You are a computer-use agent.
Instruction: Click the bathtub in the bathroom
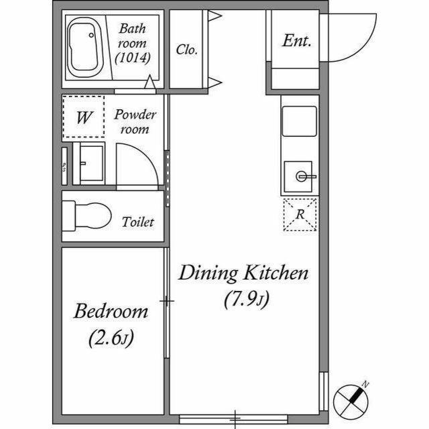coord(83,48)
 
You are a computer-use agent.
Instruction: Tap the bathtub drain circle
coord(91,35)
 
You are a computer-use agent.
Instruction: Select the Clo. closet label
coord(186,50)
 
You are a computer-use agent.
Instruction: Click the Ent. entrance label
coord(296,41)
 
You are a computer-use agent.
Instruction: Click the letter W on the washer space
coord(84,117)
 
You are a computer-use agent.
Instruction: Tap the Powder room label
coord(135,121)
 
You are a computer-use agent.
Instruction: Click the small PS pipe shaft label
coord(64,167)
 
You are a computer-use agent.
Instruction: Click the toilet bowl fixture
coord(86,216)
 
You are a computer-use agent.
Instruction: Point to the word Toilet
coord(138,222)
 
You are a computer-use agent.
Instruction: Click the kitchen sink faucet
coord(305,176)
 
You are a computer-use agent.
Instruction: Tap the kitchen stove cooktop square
coord(300,121)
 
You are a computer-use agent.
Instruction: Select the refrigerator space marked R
coord(300,214)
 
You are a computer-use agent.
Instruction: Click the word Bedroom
coord(111,311)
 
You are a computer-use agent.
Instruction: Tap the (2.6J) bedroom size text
coord(111,338)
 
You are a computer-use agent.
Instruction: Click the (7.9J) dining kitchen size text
coord(247,300)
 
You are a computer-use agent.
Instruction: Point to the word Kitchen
coord(276,273)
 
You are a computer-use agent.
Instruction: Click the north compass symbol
coord(351,402)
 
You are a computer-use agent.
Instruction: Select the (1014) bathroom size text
coord(133,58)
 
